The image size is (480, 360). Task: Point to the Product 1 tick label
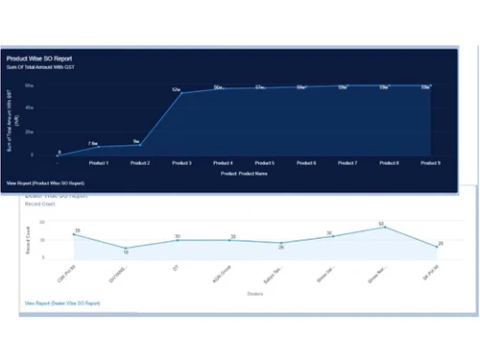point(98,163)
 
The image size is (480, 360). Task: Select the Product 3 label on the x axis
point(181,163)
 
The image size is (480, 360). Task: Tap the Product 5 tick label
point(265,163)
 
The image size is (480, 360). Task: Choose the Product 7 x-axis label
point(348,163)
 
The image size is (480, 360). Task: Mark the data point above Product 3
point(181,93)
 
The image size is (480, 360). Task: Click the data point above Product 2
point(140,144)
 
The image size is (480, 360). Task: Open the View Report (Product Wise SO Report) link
point(45,181)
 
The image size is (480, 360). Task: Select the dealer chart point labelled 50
point(383,227)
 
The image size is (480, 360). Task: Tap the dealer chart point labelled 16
point(126,248)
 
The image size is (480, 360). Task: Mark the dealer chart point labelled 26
point(280,244)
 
